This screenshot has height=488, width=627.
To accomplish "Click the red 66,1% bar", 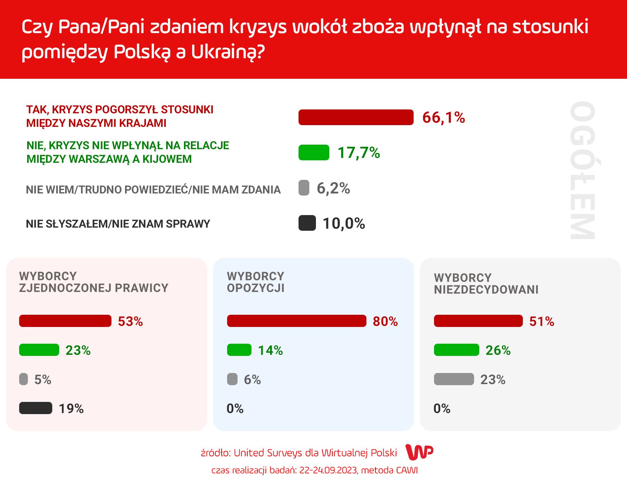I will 356,117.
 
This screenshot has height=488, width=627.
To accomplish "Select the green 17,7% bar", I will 313,153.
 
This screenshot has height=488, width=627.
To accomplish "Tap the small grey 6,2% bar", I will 304,188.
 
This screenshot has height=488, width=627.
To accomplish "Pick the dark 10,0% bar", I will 307,223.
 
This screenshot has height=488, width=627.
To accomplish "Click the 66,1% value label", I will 443,117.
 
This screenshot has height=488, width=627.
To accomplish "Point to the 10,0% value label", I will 343,223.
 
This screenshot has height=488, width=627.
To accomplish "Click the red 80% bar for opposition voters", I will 296,321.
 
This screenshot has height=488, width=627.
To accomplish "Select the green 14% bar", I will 239,350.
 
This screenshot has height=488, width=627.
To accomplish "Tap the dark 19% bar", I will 36,408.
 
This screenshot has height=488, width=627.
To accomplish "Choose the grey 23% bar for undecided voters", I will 454,379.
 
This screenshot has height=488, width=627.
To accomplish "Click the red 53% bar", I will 65,321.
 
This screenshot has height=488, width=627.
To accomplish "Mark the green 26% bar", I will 456,350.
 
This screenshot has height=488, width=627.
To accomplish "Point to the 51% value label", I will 541,321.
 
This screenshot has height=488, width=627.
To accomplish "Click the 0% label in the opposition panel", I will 235,409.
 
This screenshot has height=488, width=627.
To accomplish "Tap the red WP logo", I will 419,452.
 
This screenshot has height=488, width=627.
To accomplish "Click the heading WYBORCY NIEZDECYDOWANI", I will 486,283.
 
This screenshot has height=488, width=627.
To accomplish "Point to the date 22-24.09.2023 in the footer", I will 328,470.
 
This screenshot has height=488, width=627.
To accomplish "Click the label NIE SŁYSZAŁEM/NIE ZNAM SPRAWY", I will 118,224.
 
